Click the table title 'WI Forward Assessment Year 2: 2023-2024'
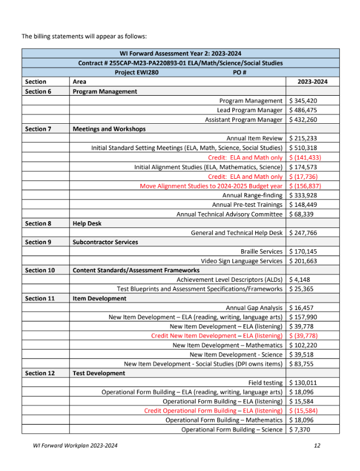180,54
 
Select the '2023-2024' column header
312,82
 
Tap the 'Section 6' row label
39,91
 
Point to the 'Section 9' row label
39,242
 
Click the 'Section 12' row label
41,373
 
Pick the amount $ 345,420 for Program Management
304,101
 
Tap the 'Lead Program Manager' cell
250,110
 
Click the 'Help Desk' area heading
87,223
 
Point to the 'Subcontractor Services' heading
105,242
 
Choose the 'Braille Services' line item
261,252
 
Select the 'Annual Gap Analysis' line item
254,308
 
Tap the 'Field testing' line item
265,383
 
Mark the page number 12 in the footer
317,445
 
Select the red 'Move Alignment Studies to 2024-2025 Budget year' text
211,186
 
